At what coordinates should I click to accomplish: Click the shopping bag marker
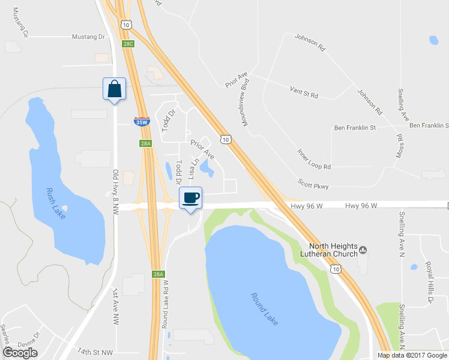(114, 89)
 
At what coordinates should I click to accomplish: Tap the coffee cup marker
(191, 198)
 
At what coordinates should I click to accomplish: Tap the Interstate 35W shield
(141, 122)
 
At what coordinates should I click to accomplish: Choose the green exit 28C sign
(128, 44)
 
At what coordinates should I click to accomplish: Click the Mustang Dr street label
(88, 37)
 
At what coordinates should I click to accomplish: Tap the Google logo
(20, 353)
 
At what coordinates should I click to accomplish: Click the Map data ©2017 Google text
(412, 355)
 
